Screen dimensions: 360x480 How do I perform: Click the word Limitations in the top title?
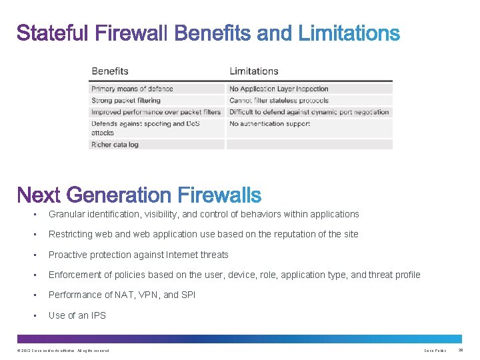pyautogui.click(x=349, y=33)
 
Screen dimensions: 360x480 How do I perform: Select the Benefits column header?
pyautogui.click(x=110, y=71)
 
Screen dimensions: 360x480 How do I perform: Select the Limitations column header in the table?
pyautogui.click(x=253, y=71)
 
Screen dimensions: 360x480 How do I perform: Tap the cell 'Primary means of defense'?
pyautogui.click(x=132, y=89)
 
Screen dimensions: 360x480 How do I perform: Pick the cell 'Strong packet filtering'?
pyautogui.click(x=126, y=101)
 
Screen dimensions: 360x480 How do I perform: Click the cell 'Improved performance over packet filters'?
pyautogui.click(x=156, y=112)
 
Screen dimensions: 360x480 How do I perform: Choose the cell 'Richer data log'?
pyautogui.click(x=115, y=144)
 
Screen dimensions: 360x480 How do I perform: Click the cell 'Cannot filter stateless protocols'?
pyautogui.click(x=279, y=101)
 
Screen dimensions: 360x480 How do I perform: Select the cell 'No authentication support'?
pyautogui.click(x=269, y=123)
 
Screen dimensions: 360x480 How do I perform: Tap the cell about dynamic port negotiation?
pyautogui.click(x=309, y=112)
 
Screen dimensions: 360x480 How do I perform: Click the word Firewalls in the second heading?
pyautogui.click(x=220, y=195)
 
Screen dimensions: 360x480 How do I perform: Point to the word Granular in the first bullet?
pyautogui.click(x=66, y=214)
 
